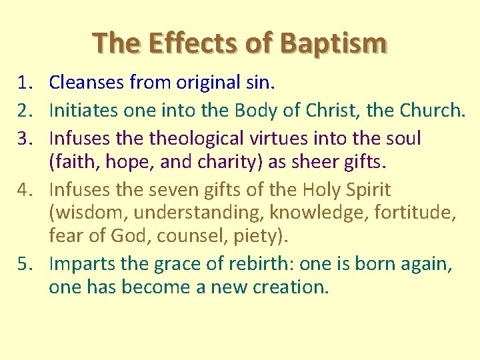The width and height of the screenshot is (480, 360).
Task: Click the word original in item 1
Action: pyautogui.click(x=203, y=83)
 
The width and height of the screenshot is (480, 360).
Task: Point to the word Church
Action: pyautogui.click(x=431, y=111)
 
